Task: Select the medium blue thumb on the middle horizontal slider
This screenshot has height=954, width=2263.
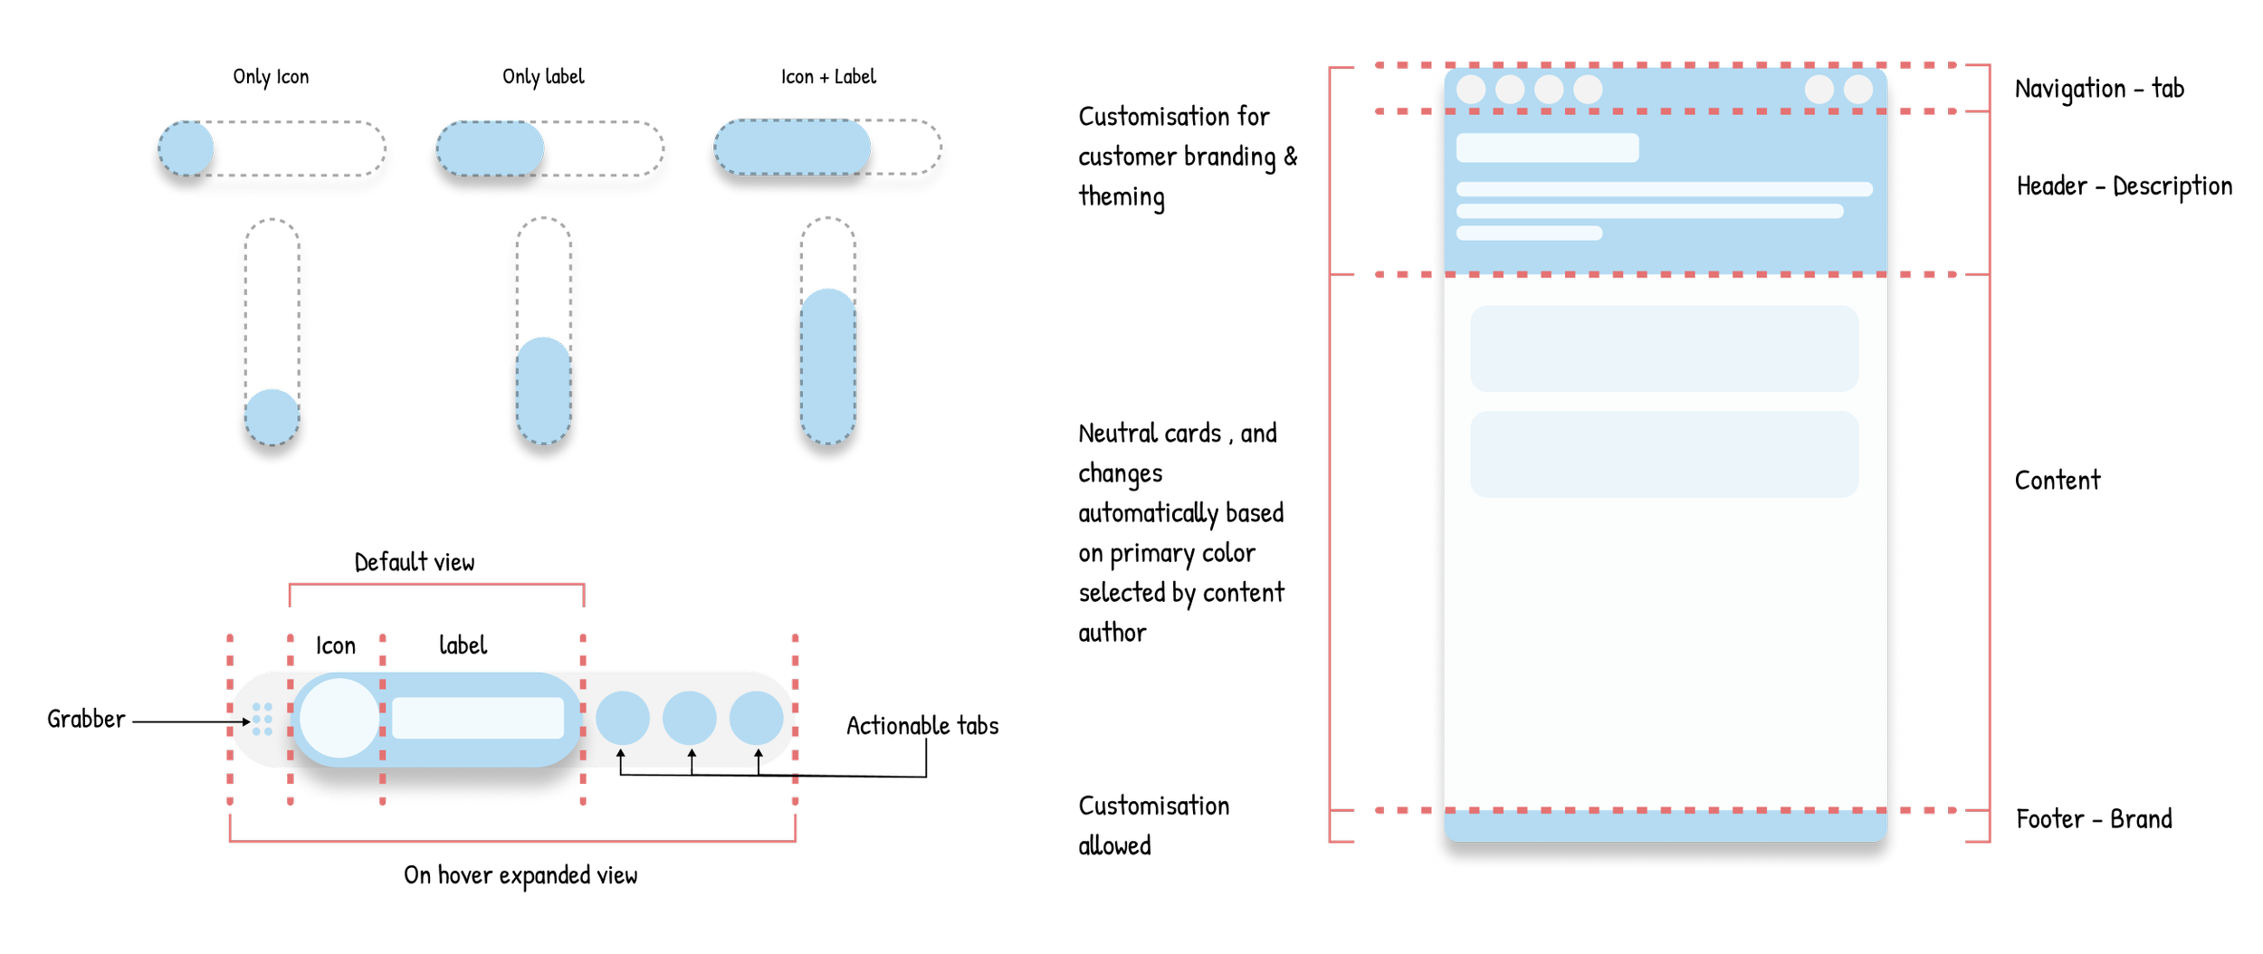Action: (490, 148)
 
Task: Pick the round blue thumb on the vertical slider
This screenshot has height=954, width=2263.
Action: (272, 417)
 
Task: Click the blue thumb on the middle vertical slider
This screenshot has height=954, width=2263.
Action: (543, 390)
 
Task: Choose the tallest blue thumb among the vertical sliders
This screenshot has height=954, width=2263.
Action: (828, 367)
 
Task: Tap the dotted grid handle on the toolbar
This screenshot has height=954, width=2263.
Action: (263, 719)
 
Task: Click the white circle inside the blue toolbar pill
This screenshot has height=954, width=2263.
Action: (339, 719)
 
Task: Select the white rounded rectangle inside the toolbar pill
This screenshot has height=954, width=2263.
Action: (478, 719)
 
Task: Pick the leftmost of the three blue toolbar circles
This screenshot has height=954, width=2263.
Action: (623, 719)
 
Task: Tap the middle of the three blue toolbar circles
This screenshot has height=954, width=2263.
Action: (690, 719)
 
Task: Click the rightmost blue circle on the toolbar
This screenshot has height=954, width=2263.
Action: (757, 719)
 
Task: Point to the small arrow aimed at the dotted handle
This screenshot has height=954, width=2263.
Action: (240, 721)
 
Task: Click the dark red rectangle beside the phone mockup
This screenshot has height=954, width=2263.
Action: (1948, 192)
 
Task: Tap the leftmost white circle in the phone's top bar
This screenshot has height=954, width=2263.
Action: (1471, 90)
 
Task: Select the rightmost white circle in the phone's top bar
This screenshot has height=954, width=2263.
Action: (1858, 90)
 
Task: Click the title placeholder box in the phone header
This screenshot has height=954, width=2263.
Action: (1547, 148)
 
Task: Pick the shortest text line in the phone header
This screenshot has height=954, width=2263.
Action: (1529, 234)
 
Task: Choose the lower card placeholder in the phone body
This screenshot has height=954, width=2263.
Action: (1664, 454)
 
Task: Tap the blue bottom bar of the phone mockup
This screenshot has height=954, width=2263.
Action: (1664, 826)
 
